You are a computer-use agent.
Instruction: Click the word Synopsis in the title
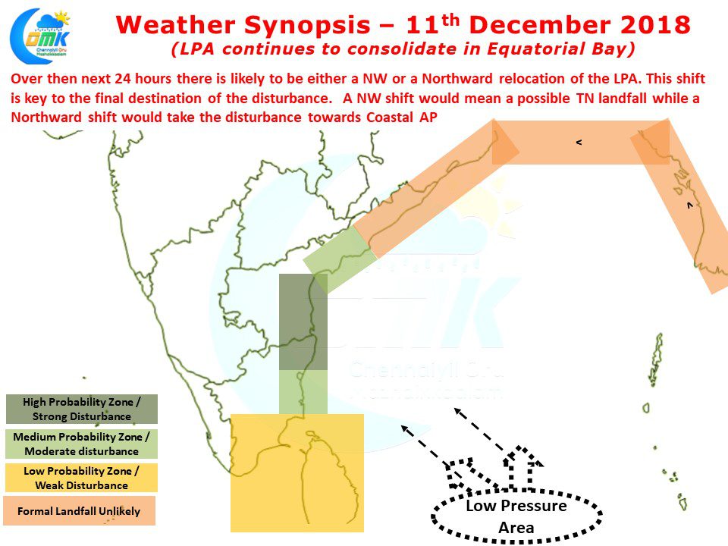[307, 25]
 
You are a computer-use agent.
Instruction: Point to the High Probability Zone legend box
[82, 409]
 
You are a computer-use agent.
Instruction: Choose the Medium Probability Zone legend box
[82, 444]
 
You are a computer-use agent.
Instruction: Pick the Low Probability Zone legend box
[82, 478]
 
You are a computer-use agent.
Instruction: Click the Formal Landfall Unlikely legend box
[79, 511]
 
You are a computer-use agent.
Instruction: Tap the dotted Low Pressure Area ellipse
[516, 516]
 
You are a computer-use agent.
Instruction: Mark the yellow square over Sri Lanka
[297, 472]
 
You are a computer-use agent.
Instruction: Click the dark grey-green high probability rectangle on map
[303, 322]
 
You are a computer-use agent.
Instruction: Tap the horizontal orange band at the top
[580, 142]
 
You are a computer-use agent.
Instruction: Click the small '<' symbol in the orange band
[579, 142]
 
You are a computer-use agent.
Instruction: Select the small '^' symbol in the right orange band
[690, 205]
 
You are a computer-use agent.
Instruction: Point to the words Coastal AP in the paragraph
[402, 117]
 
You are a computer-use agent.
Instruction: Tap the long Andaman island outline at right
[657, 359]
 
